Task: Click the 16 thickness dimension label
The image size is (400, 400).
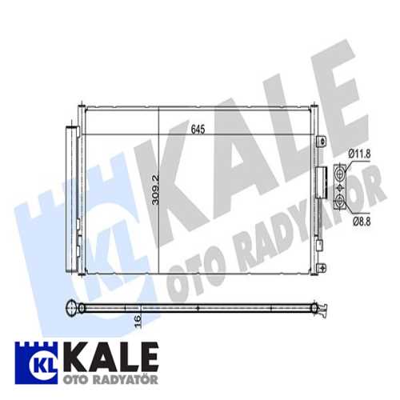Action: tap(137, 322)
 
